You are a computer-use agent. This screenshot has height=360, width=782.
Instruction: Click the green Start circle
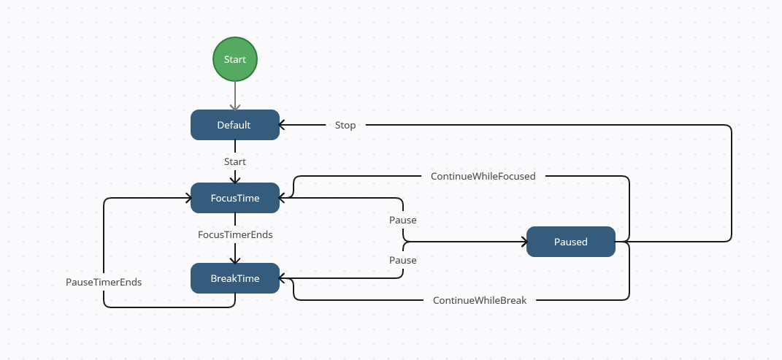click(235, 59)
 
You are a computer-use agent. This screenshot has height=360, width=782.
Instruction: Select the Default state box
click(234, 125)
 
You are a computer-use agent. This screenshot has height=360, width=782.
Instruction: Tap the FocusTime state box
click(234, 198)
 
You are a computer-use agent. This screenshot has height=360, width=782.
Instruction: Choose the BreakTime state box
click(234, 278)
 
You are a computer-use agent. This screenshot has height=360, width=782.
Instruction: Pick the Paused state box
click(570, 242)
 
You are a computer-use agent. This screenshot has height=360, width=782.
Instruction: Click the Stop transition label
click(345, 125)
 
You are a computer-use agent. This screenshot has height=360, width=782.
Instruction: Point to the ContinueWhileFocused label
click(483, 176)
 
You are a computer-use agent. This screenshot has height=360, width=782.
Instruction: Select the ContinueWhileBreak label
click(479, 300)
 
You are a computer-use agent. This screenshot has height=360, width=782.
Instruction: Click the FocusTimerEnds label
click(234, 235)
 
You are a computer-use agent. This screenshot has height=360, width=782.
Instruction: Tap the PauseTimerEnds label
click(104, 282)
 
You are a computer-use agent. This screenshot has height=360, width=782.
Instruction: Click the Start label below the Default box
click(234, 161)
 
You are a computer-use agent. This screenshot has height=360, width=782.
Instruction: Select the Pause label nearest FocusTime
click(403, 220)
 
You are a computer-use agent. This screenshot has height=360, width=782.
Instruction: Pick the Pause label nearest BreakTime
click(403, 260)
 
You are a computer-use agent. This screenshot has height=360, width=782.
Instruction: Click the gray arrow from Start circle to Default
click(235, 95)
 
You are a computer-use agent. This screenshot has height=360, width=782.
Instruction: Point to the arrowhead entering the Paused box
click(523, 242)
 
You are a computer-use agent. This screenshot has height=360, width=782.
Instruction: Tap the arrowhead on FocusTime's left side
click(187, 198)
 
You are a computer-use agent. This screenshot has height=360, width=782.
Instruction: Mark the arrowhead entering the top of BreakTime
click(235, 259)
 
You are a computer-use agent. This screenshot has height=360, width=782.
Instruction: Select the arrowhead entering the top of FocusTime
click(235, 179)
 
